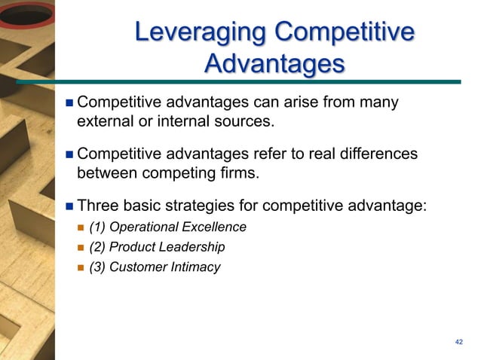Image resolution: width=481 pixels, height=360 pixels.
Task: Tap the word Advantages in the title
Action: point(274,64)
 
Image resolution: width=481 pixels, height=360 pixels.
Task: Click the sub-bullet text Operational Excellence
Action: point(181,227)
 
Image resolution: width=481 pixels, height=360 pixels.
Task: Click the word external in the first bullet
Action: point(103,121)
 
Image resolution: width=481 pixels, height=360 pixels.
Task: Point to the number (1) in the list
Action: point(97,227)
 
